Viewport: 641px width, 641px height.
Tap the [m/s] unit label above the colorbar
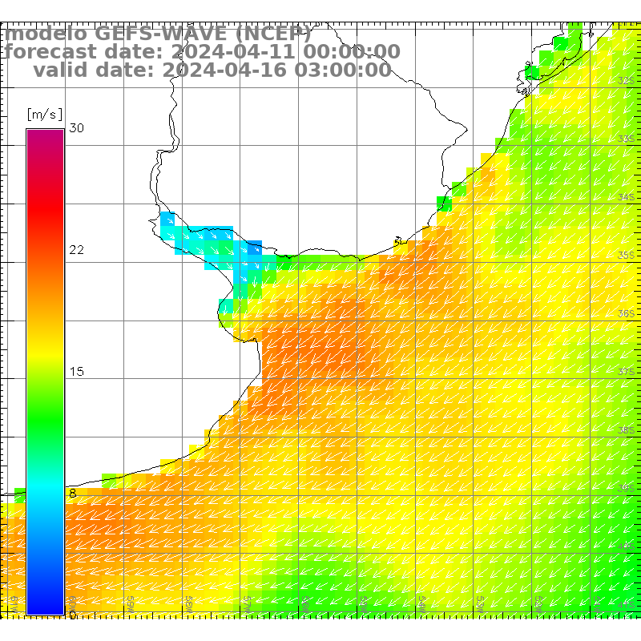(44, 114)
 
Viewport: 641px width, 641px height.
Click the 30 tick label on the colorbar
(77, 128)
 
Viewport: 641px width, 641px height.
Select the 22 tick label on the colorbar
(77, 250)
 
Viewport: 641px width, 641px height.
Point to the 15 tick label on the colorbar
(77, 372)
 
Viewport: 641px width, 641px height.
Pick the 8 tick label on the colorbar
(73, 494)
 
